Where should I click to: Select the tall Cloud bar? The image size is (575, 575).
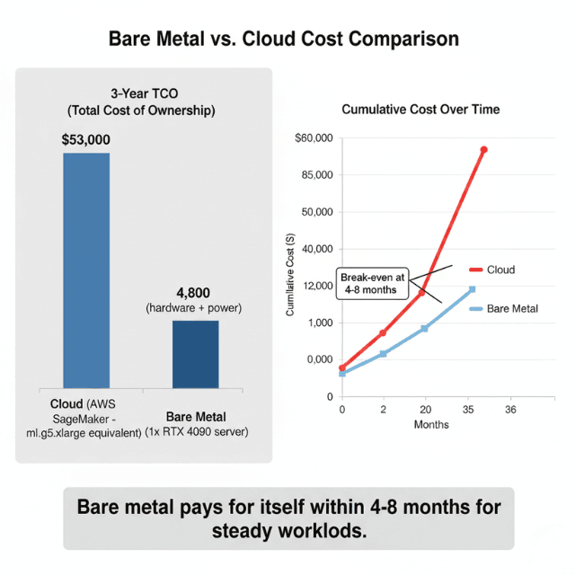coord(86,270)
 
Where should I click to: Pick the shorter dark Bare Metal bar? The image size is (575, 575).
coord(195,354)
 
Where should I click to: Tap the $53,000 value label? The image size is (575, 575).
coord(86,140)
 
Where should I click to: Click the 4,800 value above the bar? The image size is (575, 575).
coord(195,293)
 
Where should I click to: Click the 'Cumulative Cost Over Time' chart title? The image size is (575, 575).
coord(421,109)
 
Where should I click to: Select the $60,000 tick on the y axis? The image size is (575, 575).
coord(314,138)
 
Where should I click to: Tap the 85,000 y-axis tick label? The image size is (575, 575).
coord(316,175)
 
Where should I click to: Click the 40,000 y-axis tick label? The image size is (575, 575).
coord(316,249)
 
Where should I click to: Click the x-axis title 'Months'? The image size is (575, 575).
coord(431,425)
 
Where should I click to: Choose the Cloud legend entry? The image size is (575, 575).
coord(496,270)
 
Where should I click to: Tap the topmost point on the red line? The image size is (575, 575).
coord(484,149)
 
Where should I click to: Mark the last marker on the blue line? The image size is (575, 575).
coord(472,289)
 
